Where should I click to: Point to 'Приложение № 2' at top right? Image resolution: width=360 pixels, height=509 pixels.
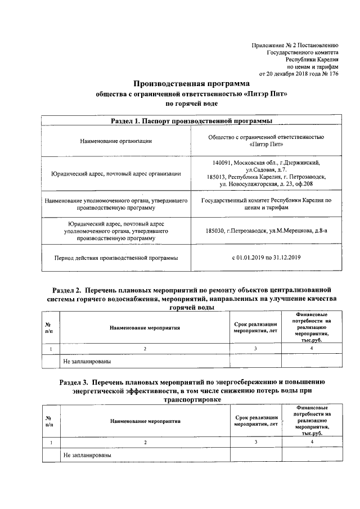pyautogui.click(x=272, y=44)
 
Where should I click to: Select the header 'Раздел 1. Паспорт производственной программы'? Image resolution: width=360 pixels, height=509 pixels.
pyautogui.click(x=191, y=121)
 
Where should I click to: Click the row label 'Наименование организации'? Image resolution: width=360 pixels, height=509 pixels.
pyautogui.click(x=116, y=141)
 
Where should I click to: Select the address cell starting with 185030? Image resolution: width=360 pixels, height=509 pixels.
pyautogui.click(x=266, y=231)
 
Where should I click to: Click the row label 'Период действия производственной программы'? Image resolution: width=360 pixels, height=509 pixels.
pyautogui.click(x=116, y=258)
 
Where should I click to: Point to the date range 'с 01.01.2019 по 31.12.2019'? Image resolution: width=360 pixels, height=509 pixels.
pyautogui.click(x=266, y=258)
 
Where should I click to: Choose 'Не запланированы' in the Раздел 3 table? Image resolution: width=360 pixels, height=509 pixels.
pyautogui.click(x=87, y=454)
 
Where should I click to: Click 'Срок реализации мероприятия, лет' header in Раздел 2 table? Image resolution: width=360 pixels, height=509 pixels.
pyautogui.click(x=255, y=327)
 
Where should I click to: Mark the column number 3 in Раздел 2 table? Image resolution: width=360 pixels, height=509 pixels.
pyautogui.click(x=255, y=349)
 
